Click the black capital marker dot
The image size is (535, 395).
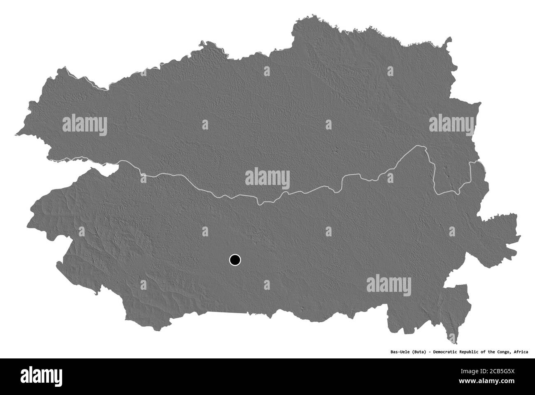point(235,260)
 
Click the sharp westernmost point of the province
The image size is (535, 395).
point(16,134)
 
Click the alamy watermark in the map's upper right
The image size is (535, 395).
point(451,124)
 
